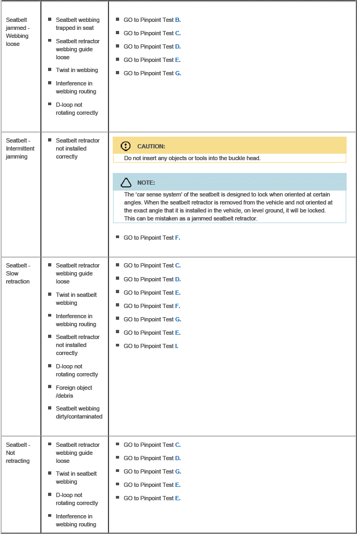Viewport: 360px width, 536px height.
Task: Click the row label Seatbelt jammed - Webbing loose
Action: pos(17,32)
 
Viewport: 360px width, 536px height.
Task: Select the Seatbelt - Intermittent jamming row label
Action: pos(20,148)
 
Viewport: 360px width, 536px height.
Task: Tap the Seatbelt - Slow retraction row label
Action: pos(18,273)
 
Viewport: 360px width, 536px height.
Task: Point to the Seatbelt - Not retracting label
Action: pos(18,453)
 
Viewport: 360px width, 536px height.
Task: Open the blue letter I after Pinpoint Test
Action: pos(176,346)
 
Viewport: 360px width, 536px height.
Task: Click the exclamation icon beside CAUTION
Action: pos(126,146)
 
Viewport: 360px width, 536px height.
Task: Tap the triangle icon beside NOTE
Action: pos(126,183)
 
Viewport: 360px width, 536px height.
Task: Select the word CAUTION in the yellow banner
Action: pos(151,146)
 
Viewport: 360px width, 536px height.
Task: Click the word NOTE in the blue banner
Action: pos(146,183)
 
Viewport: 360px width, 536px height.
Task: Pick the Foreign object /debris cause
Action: pos(74,392)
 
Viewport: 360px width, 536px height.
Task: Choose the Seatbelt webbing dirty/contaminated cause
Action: pos(79,413)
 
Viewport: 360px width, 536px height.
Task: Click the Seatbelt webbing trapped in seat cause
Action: pos(77,24)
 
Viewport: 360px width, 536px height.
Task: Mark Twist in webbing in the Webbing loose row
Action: pos(76,70)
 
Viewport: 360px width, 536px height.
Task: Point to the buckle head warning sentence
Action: pos(192,159)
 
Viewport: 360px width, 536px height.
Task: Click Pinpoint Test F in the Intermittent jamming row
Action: pos(152,238)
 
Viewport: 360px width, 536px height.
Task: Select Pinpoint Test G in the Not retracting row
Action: pos(152,471)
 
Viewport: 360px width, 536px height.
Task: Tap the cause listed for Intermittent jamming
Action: pos(77,148)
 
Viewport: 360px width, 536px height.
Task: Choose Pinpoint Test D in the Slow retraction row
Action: pos(152,279)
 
